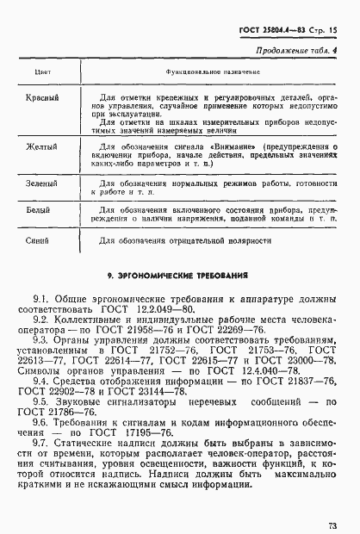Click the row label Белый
point(40,208)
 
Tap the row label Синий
point(40,240)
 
